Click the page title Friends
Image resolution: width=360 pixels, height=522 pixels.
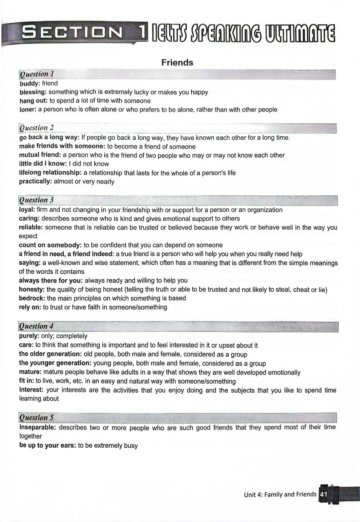coord(177,63)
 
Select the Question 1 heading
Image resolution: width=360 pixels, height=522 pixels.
coord(37,74)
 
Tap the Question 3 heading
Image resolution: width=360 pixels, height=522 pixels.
coord(37,200)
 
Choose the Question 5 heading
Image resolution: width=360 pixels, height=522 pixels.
coord(37,417)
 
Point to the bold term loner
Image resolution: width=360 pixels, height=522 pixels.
coord(28,110)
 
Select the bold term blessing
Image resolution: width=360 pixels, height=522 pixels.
coord(32,92)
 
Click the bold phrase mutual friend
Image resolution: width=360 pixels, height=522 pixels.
coord(39,155)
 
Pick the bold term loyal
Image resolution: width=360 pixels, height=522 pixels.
coord(27,210)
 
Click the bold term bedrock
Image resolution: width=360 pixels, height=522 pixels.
coord(32,298)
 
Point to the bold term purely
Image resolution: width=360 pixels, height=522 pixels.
coord(29,336)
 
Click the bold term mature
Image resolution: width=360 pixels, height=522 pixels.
coord(30,372)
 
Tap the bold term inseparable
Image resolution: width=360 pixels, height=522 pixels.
coord(38,427)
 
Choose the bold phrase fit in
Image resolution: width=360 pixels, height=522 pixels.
coord(26,381)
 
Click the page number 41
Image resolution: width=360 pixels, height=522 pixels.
coord(323,494)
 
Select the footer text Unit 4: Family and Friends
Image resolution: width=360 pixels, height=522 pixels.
coord(280,494)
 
